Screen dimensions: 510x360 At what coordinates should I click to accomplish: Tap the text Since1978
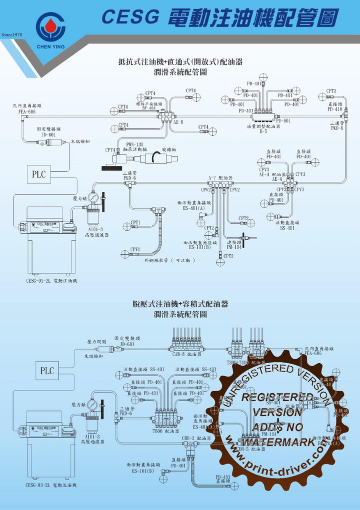[13, 35]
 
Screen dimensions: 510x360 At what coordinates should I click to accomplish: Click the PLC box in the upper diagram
[39, 174]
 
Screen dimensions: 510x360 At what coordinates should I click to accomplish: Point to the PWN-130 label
[134, 144]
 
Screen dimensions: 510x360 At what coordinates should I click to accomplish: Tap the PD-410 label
[335, 108]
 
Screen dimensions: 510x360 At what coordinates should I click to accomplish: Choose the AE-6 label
[178, 121]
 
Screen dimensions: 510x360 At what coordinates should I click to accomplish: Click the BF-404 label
[148, 108]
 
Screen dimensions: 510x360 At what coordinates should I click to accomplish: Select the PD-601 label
[283, 121]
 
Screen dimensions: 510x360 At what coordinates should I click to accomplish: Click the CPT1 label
[135, 222]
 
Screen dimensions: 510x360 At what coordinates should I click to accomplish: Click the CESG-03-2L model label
[38, 485]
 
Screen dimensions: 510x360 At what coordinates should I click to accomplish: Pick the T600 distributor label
[158, 430]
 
